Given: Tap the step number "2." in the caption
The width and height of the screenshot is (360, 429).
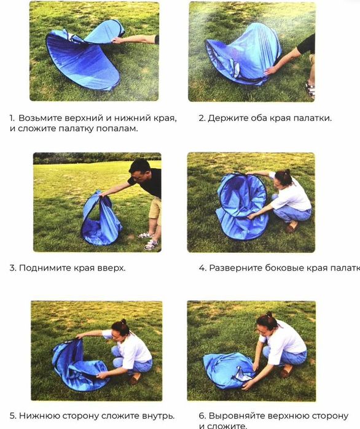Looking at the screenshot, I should click(x=202, y=118).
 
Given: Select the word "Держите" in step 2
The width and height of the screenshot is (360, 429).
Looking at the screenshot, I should click(x=226, y=118).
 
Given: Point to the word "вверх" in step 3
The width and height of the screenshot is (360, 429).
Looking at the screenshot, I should click(x=109, y=268).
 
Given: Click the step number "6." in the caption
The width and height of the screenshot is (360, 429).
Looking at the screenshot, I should click(x=202, y=415).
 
